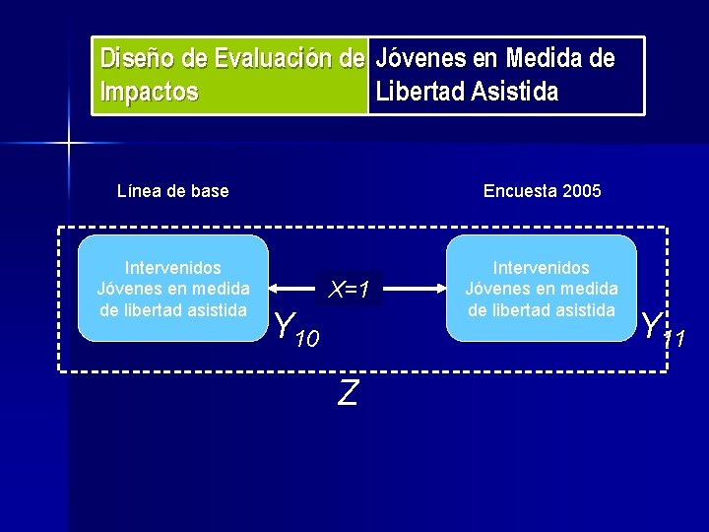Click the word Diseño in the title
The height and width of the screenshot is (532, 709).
tap(136, 59)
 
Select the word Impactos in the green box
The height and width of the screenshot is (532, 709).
tap(150, 93)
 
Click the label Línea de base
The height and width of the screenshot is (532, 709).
tap(172, 191)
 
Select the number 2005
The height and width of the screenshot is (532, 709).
tap(581, 191)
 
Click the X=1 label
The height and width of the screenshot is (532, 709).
tap(350, 290)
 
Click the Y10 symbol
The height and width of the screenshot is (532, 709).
tap(294, 328)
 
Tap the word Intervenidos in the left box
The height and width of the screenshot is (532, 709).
tap(173, 268)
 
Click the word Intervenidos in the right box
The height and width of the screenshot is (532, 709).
tap(542, 268)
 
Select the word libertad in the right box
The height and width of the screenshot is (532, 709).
tap(527, 309)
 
